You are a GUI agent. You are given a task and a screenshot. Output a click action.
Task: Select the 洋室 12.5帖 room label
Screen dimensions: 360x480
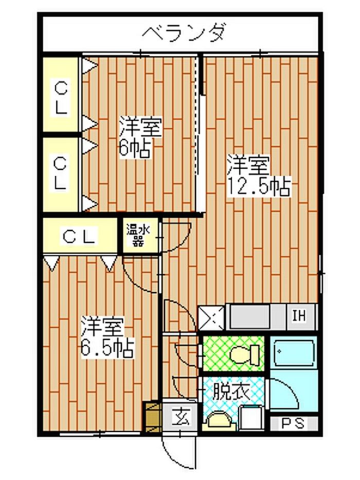click(x=258, y=176)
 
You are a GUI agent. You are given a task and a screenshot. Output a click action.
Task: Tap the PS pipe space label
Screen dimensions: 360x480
click(x=293, y=423)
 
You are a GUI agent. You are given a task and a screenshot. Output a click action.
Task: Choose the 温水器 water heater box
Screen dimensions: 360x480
click(x=140, y=236)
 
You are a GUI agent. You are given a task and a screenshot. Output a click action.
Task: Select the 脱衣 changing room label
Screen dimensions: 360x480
click(x=232, y=392)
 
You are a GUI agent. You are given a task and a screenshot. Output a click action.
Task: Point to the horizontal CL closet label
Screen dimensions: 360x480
click(x=79, y=236)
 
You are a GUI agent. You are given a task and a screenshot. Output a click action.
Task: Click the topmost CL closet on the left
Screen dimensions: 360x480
click(x=61, y=94)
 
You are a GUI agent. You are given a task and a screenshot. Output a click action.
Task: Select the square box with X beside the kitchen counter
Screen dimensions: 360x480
click(x=211, y=317)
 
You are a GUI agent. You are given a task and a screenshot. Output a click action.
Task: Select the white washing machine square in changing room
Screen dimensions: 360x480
click(x=251, y=418)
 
